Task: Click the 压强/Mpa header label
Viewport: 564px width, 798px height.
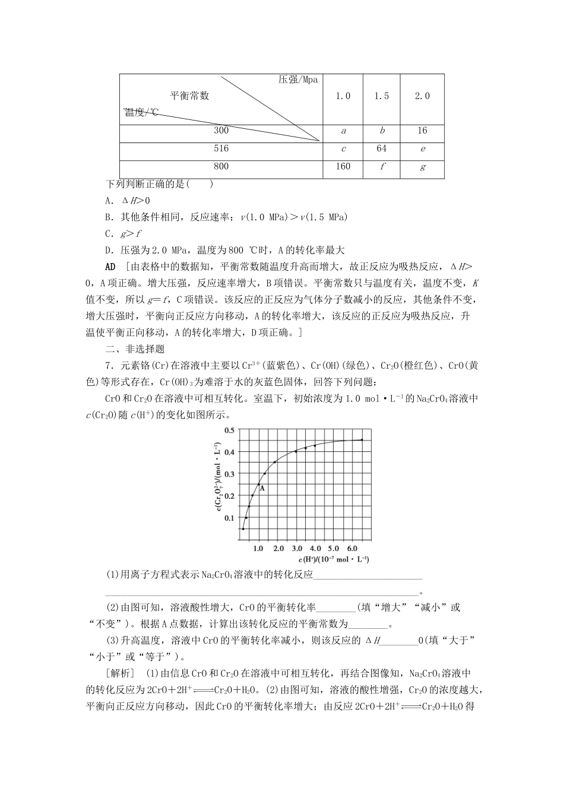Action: [298, 80]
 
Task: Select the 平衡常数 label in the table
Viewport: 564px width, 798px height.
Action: [189, 96]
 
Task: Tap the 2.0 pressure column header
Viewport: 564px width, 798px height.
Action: [422, 96]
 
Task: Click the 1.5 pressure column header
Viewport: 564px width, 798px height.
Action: [381, 96]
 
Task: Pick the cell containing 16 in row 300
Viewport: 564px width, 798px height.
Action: [422, 131]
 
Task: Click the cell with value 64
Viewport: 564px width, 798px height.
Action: [381, 148]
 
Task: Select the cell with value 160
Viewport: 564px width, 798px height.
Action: [343, 166]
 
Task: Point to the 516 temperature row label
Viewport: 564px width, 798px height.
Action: [221, 148]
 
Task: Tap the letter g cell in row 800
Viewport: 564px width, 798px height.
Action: [422, 167]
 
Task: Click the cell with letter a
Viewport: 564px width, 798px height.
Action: [343, 131]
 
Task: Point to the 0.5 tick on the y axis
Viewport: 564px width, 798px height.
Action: [229, 429]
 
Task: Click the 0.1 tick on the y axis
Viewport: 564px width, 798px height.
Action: [229, 518]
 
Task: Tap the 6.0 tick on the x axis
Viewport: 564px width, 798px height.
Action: [351, 549]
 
